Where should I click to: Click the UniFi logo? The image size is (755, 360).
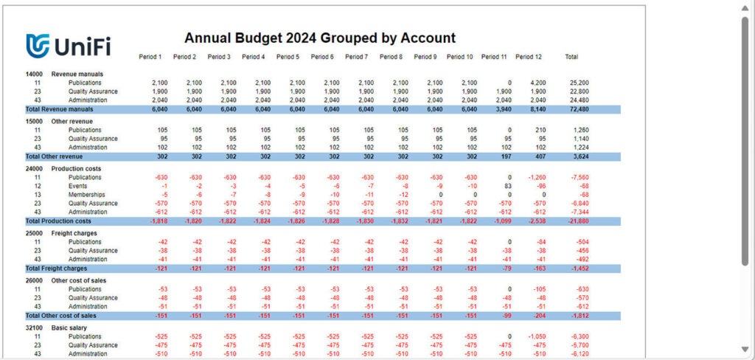click(x=68, y=46)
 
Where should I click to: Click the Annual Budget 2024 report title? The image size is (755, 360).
click(x=319, y=38)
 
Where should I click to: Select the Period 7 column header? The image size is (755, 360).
click(x=357, y=57)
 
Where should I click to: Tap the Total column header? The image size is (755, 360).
click(x=571, y=57)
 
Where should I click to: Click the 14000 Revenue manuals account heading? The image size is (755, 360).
click(x=64, y=74)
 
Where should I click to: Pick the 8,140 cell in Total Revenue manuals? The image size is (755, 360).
click(x=535, y=109)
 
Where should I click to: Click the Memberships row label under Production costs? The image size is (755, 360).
click(x=88, y=195)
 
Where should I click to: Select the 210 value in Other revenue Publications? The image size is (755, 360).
click(x=537, y=130)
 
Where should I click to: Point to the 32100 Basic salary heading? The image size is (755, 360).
click(x=59, y=328)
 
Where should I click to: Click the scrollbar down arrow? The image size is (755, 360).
click(x=745, y=349)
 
